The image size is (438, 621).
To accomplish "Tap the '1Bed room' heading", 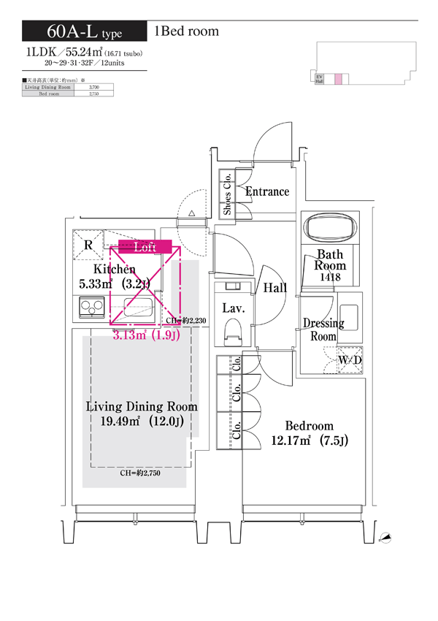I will [x=186, y=31].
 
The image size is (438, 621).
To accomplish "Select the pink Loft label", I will [x=145, y=247].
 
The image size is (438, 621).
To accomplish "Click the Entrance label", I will [x=267, y=191].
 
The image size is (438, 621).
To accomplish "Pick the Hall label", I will [x=275, y=289].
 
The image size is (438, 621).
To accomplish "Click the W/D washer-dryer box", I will [x=350, y=360].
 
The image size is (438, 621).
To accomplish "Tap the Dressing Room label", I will [x=323, y=329].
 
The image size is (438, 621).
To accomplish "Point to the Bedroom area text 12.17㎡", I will [x=309, y=441].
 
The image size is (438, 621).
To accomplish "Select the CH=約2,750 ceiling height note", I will [x=140, y=473].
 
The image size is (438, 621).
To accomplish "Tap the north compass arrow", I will [x=386, y=538].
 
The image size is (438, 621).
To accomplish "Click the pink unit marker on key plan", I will [x=338, y=80].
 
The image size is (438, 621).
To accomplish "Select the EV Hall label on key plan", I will [x=319, y=80].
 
